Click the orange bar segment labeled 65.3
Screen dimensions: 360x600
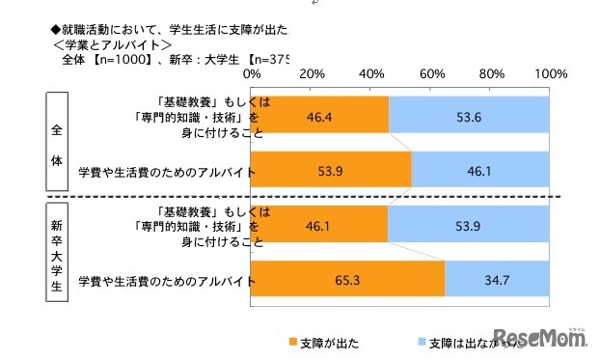[348, 281]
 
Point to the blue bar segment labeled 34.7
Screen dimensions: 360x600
[498, 281]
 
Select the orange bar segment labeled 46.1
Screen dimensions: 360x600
[319, 227]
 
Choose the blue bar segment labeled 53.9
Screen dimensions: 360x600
[469, 227]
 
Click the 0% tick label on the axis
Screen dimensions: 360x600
[252, 74]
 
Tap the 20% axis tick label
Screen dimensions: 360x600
[312, 74]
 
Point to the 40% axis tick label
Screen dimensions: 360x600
[371, 74]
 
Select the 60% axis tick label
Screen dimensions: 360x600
[431, 74]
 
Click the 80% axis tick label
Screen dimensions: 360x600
[491, 74]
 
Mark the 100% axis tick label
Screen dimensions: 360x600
[551, 74]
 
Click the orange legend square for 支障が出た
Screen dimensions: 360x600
[291, 343]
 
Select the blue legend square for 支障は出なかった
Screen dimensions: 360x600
[420, 343]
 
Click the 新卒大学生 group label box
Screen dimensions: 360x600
[55, 254]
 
